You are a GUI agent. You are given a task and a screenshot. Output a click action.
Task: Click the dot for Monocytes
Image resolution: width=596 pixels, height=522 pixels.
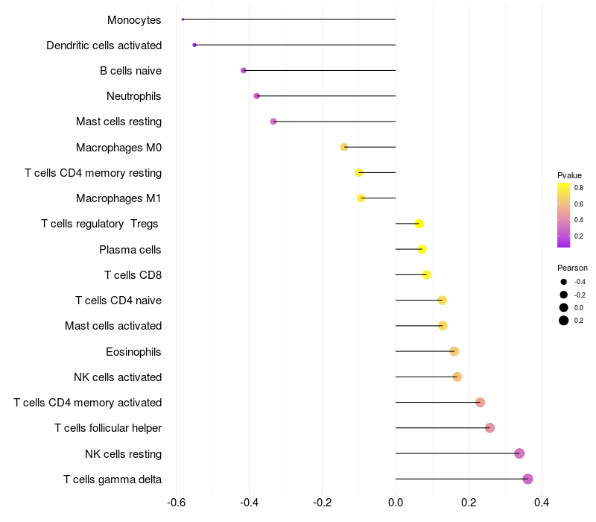point(183,19)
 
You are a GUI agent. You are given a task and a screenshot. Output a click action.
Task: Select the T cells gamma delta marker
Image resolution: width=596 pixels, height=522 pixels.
point(527,479)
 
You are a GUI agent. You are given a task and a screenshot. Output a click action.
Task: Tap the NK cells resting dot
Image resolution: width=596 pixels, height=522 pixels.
point(519,453)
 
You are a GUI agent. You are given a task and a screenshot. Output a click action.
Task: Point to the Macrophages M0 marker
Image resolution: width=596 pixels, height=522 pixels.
point(344,147)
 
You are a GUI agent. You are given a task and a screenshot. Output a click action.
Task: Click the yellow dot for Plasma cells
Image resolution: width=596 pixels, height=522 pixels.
point(422,249)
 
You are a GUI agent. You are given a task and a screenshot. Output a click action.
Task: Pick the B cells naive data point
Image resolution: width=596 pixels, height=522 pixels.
point(244,70)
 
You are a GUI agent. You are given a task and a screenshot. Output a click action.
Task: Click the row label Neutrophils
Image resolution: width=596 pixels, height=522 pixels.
point(134,96)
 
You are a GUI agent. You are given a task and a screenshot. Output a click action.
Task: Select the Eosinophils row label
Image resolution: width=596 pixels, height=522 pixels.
point(133,352)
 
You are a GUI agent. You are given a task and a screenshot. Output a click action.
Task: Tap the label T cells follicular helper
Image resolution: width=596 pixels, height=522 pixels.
point(108,428)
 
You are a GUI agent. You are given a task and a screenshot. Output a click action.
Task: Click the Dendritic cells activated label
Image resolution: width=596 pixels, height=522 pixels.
point(104,45)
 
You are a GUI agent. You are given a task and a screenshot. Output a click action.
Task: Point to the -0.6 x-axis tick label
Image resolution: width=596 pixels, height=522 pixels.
point(176,503)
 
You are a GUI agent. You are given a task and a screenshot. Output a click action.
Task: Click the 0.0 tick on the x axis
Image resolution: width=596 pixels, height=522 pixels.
point(396,503)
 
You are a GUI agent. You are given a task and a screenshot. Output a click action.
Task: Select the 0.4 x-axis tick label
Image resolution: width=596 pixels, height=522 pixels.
point(542,503)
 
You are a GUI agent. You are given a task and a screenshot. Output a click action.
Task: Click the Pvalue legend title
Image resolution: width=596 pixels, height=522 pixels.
point(569,175)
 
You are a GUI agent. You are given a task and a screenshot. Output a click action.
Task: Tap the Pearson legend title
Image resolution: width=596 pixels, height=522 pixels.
point(572,268)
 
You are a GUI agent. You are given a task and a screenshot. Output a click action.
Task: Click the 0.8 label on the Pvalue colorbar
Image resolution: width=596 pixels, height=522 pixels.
point(579,188)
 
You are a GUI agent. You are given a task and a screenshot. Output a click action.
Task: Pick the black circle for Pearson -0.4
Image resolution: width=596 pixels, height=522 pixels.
point(564,282)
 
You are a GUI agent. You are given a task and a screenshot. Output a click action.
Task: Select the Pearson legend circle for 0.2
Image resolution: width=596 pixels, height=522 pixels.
point(564,321)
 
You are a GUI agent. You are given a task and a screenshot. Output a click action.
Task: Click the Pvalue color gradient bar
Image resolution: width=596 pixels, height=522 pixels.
point(564,215)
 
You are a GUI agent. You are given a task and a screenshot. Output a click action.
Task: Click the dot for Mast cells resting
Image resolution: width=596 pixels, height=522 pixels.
point(273,122)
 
